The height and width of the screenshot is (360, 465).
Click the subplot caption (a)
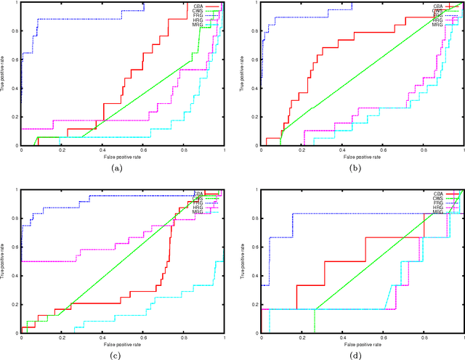coord(116,168)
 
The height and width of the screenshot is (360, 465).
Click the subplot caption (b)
coord(355,168)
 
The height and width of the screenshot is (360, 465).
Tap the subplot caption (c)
coord(116,355)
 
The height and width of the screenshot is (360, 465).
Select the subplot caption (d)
coord(355,355)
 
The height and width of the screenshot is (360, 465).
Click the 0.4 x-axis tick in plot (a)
coord(102,150)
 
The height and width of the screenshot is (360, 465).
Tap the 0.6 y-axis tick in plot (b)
coord(254,60)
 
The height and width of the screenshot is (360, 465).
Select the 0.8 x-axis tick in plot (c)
coord(183,337)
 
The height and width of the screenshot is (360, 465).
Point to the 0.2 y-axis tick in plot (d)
coord(254,305)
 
